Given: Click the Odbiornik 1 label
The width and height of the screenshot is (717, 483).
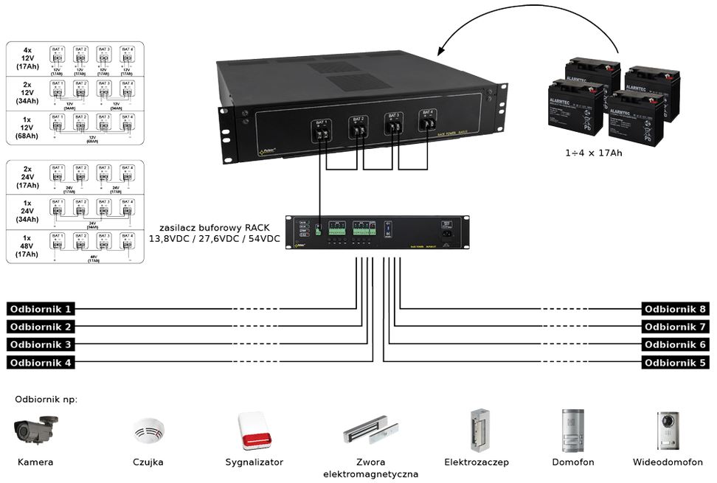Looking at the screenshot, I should [x=41, y=309].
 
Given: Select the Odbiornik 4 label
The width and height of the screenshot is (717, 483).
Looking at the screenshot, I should [x=41, y=362].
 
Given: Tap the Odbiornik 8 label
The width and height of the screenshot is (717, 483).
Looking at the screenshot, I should [x=675, y=309].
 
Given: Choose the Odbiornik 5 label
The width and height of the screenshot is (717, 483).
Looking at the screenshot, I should [x=675, y=362].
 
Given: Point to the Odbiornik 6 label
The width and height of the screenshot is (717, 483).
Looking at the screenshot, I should [x=675, y=344].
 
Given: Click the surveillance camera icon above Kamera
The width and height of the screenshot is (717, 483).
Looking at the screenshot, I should [x=35, y=431].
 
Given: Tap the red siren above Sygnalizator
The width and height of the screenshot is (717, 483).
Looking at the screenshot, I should [x=254, y=431].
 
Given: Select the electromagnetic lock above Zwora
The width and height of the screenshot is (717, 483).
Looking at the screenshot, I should [x=370, y=434].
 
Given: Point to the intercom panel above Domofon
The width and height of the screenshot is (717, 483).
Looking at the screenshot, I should [x=572, y=431].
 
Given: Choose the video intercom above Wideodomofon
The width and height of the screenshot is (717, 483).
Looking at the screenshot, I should [x=668, y=431].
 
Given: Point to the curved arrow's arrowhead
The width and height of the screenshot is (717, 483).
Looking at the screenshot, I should [x=440, y=52].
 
